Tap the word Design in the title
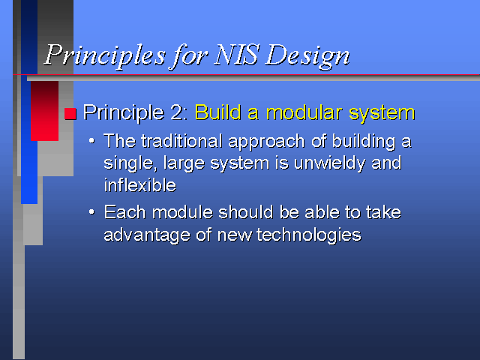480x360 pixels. pos(307,57)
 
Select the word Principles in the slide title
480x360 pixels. pos(105,57)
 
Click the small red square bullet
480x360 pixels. pos(70,113)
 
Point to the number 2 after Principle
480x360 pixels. pos(178,112)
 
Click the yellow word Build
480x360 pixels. pos(218,112)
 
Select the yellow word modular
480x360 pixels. pos(304,112)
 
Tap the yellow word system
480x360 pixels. pos(382,114)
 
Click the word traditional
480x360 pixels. pos(181,141)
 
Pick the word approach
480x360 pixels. pos(267,142)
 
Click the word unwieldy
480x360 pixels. pos(329,163)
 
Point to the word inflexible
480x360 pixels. pos(140,185)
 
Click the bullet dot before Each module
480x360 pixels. pos(91,211)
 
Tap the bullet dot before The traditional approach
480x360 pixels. pos(91,141)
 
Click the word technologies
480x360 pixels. pos(309,235)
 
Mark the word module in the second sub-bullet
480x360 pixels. pos(182,212)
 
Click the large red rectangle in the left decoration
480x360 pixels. pos(45,111)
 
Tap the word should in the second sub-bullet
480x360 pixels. pos(246,212)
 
